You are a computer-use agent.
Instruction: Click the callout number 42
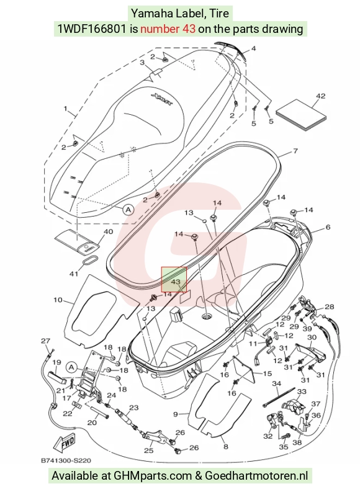(320, 96)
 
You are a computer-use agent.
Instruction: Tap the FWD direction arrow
(65, 443)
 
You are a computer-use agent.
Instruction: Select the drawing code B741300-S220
(66, 460)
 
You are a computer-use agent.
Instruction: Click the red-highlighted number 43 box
(174, 279)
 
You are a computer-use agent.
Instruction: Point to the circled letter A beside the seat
(128, 210)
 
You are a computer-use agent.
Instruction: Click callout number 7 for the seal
(295, 151)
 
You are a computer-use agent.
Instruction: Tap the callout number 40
(108, 231)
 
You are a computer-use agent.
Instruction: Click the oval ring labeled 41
(90, 261)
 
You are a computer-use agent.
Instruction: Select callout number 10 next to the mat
(58, 300)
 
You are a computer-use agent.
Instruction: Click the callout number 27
(45, 341)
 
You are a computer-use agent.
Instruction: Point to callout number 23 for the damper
(134, 408)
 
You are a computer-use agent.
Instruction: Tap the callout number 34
(277, 384)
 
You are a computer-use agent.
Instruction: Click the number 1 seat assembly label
(66, 109)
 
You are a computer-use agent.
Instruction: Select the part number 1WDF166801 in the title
(92, 29)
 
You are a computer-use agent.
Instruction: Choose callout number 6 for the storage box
(328, 227)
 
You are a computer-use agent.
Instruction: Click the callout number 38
(297, 442)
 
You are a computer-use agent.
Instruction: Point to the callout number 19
(56, 362)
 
